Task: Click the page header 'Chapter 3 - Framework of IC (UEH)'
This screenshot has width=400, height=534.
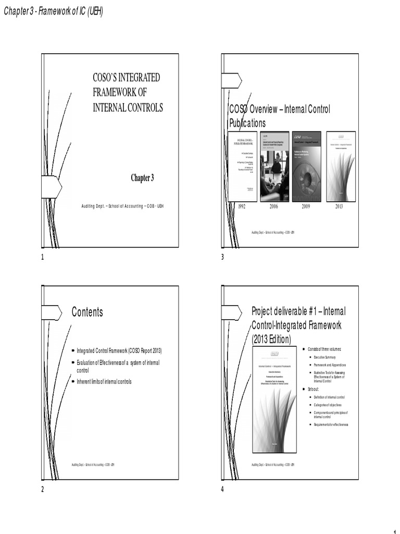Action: click(x=53, y=12)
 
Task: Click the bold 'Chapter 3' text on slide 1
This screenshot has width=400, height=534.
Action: click(x=142, y=178)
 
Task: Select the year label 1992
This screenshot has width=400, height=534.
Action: click(x=242, y=207)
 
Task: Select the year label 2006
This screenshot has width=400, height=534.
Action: click(x=274, y=207)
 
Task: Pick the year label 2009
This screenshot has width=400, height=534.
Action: click(x=306, y=207)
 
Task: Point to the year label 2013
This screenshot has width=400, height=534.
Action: click(x=340, y=207)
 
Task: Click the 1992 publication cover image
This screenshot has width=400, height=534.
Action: click(x=243, y=166)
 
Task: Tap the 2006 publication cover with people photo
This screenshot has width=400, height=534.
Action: click(x=274, y=166)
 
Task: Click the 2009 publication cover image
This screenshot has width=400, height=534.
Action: click(x=307, y=166)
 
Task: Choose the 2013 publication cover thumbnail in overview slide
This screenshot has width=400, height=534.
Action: click(x=341, y=166)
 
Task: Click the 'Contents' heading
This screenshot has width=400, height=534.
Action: click(x=87, y=312)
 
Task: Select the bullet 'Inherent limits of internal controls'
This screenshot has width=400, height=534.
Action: click(x=104, y=382)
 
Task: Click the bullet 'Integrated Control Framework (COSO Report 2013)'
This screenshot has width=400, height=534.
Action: click(x=119, y=350)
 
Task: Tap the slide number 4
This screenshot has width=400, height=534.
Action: click(x=222, y=489)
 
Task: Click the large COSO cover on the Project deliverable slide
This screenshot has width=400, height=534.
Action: click(x=274, y=400)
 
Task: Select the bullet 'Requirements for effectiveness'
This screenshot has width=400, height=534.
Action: click(x=331, y=424)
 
